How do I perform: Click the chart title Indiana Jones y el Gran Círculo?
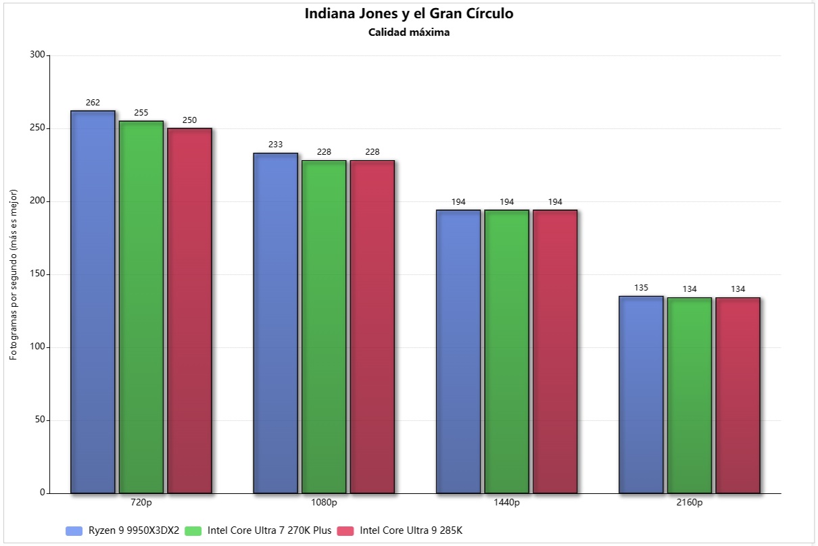click(x=408, y=14)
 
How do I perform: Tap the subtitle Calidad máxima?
click(x=408, y=32)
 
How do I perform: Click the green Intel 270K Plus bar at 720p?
click(x=141, y=307)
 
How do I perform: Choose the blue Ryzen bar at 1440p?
click(x=458, y=351)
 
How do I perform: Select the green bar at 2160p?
click(x=690, y=395)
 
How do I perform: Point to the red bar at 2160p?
click(x=738, y=395)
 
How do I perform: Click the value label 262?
click(x=93, y=103)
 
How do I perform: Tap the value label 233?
click(x=275, y=145)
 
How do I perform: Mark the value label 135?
click(x=641, y=288)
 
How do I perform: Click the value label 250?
click(x=189, y=120)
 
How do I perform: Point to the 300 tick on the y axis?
click(x=38, y=55)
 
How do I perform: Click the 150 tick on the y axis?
click(x=38, y=274)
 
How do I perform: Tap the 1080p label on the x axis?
click(x=324, y=503)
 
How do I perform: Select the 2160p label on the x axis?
click(x=690, y=503)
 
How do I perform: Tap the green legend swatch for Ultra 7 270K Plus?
click(x=193, y=530)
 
